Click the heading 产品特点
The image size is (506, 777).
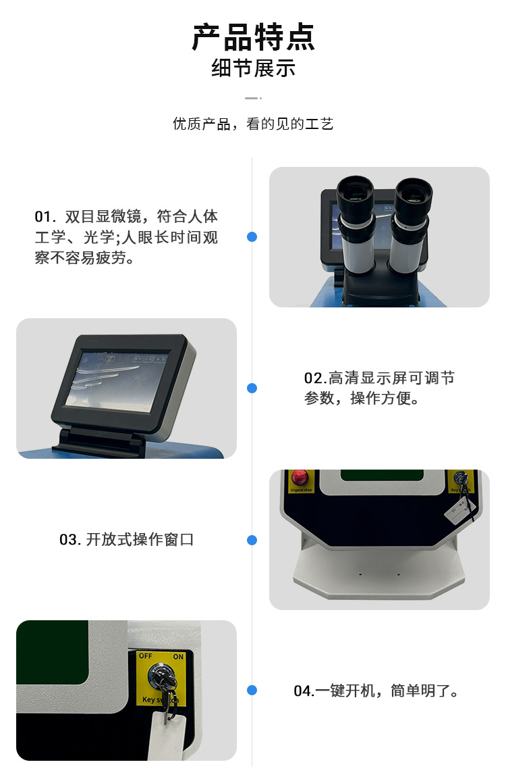pyautogui.click(x=253, y=37)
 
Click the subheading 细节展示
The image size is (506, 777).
pyautogui.click(x=253, y=69)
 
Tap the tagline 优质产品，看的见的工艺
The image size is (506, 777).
pyautogui.click(x=253, y=124)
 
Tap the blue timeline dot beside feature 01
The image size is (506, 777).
pyautogui.click(x=252, y=237)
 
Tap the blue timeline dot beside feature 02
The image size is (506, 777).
pyautogui.click(x=252, y=388)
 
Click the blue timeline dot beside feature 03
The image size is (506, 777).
pyautogui.click(x=252, y=540)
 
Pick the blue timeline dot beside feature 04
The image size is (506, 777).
pyautogui.click(x=252, y=690)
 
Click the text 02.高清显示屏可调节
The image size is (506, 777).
pyautogui.click(x=379, y=378)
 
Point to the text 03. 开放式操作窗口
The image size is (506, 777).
pyautogui.click(x=126, y=540)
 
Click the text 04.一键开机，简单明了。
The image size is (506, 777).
pyautogui.click(x=376, y=691)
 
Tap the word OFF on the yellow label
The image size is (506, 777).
pyautogui.click(x=146, y=656)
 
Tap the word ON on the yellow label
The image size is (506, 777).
pyautogui.click(x=178, y=656)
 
